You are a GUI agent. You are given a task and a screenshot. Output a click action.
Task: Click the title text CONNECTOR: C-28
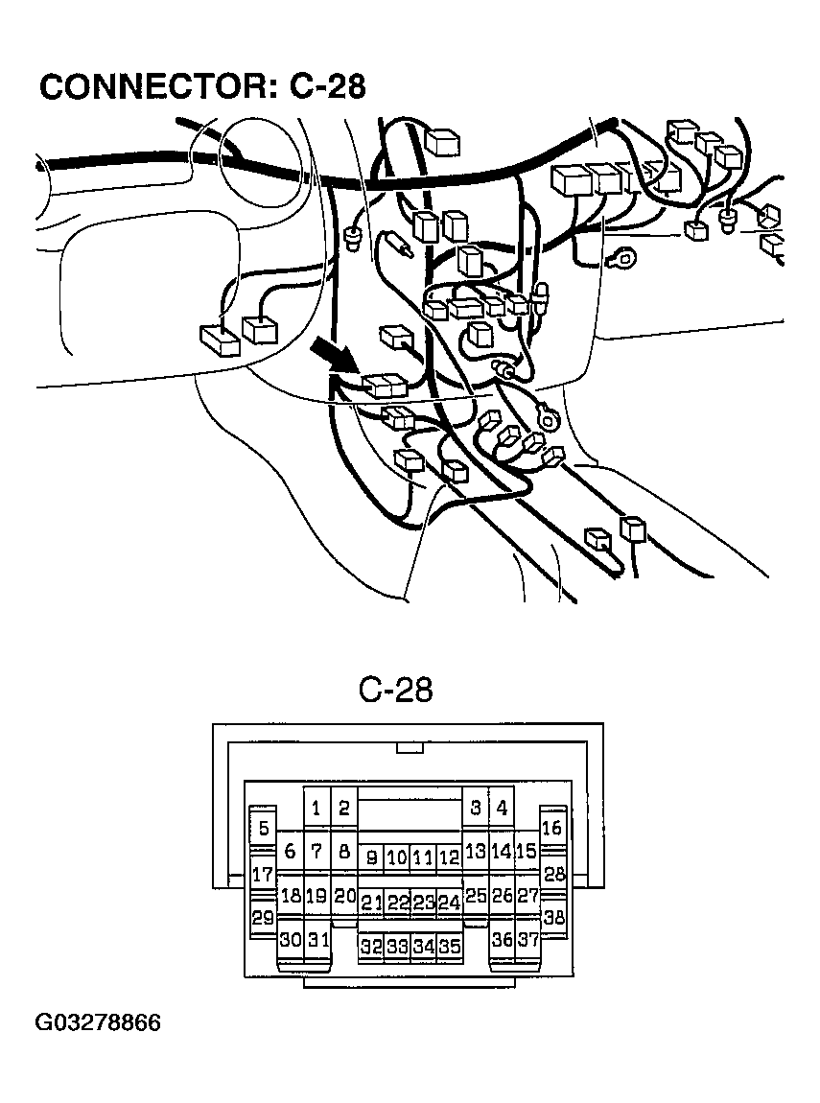(202, 86)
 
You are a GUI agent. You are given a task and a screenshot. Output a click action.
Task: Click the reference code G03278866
(99, 1022)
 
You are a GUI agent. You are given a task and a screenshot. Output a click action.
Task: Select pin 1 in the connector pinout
(316, 808)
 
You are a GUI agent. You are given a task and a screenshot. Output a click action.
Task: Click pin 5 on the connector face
(263, 829)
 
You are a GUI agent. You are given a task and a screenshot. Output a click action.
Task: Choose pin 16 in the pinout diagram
(552, 828)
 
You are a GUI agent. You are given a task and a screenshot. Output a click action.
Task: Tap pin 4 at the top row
(502, 808)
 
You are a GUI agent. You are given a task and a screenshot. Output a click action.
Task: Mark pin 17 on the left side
(262, 874)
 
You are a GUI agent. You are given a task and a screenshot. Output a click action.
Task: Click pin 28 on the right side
(554, 874)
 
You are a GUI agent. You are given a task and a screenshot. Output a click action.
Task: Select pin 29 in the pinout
(262, 918)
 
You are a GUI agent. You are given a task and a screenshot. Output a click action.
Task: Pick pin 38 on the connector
(554, 917)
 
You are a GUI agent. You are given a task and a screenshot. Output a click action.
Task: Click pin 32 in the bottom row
(371, 947)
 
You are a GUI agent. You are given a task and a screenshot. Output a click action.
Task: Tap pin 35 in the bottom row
(449, 947)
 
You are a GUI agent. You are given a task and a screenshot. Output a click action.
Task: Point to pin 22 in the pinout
(398, 903)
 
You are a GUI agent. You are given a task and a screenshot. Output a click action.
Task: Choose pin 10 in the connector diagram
(397, 857)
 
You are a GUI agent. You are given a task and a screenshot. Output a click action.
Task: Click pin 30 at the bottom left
(290, 940)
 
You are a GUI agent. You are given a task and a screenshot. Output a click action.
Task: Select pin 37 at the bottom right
(527, 940)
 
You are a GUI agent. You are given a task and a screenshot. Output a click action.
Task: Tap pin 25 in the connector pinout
(476, 897)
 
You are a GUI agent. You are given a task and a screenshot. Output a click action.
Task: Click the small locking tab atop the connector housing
(410, 747)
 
